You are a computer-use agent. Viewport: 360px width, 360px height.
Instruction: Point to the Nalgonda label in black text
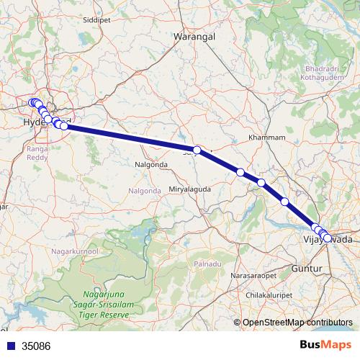pos(151,164)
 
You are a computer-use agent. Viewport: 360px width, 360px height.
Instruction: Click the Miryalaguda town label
pos(189,188)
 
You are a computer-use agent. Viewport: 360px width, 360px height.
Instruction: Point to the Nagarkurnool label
pos(74,251)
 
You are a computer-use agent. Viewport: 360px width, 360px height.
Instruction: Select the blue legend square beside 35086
pos(11,346)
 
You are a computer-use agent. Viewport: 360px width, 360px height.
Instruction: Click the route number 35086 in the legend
pos(36,346)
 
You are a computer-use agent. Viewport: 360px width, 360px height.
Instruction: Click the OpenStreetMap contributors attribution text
pos(297,323)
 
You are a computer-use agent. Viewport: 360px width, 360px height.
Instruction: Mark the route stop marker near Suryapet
pos(197,149)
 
